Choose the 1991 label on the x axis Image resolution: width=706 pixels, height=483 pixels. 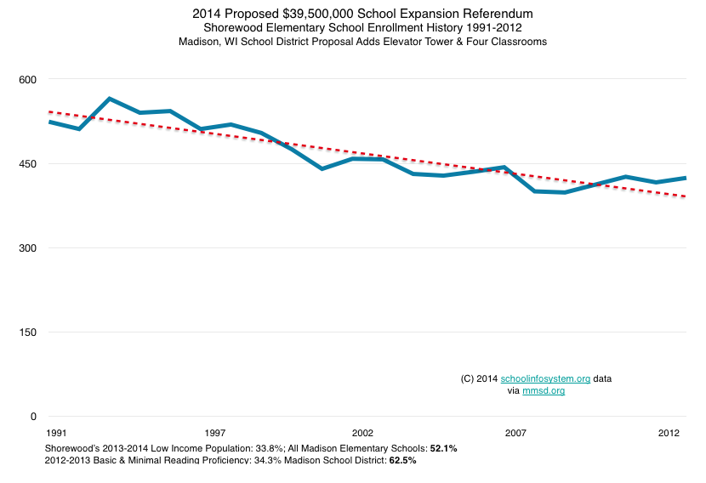(58, 433)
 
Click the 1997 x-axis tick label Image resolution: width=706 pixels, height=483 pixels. (215, 433)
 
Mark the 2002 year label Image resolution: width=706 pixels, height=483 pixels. (362, 433)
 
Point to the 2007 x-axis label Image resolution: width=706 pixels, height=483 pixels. (516, 433)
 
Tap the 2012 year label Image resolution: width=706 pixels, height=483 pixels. (669, 433)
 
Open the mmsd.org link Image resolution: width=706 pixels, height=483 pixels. (544, 390)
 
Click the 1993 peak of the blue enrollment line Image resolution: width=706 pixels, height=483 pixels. (110, 99)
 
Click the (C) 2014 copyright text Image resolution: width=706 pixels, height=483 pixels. (478, 378)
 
